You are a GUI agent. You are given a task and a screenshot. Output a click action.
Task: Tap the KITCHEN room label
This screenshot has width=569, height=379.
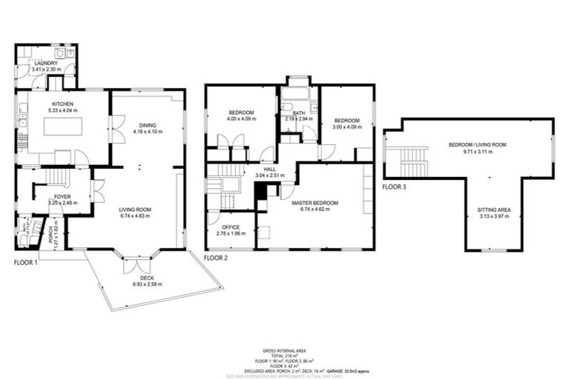tap(61, 104)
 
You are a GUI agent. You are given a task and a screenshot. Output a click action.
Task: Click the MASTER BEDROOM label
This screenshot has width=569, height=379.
tap(315, 203)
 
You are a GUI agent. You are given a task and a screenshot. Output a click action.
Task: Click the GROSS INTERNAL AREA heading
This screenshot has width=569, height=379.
tap(284, 350)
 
